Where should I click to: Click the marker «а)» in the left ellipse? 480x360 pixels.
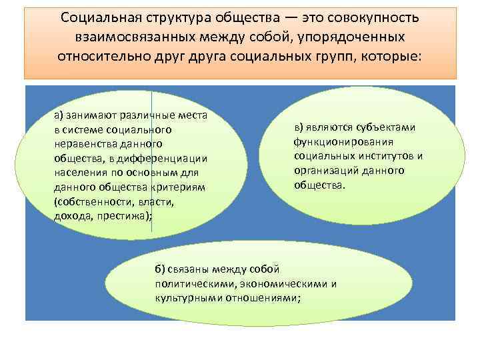pos(60,115)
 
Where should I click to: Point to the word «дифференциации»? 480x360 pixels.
pos(170,157)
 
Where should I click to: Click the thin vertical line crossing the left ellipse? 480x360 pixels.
pos(152,167)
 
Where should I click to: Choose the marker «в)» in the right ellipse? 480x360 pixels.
pos(301,127)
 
